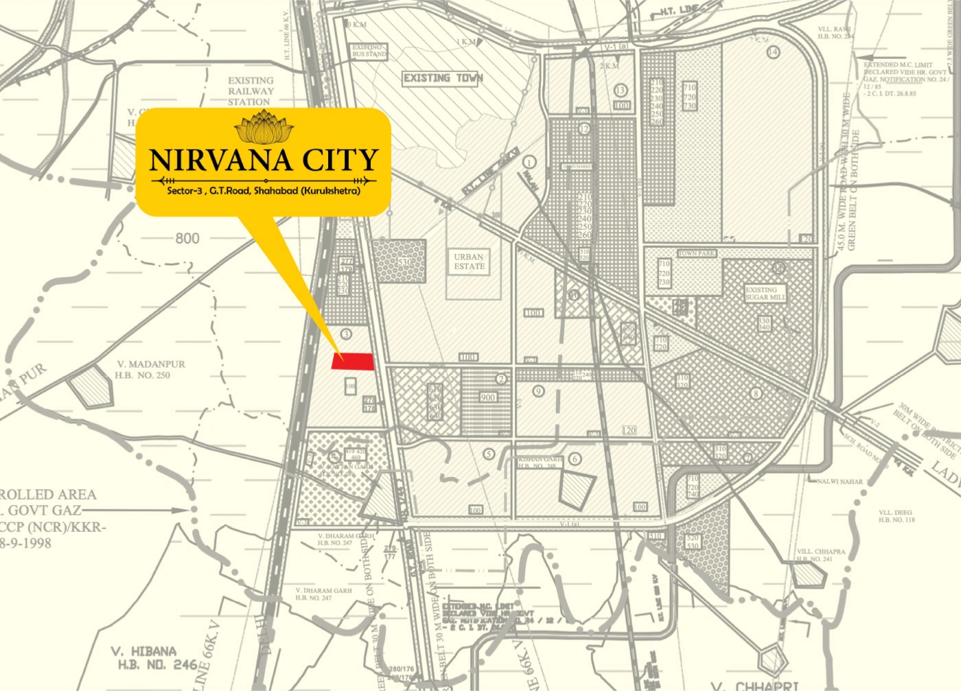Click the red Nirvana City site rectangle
tap(353, 361)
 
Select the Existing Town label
tap(443, 78)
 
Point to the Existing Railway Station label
tap(251, 91)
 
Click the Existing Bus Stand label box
tap(369, 51)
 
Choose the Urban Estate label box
tap(469, 261)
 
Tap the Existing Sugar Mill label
tap(765, 294)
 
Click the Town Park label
tap(697, 253)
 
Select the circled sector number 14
tap(774, 52)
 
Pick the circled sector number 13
tap(621, 90)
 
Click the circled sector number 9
tap(538, 391)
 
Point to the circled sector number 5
tap(489, 454)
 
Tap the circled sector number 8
tap(756, 394)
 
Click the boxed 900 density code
tap(488, 397)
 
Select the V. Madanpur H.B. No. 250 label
tap(150, 370)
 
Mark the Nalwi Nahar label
tap(840, 482)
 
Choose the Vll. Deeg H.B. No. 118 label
tap(896, 516)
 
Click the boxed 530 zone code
tap(404, 262)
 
